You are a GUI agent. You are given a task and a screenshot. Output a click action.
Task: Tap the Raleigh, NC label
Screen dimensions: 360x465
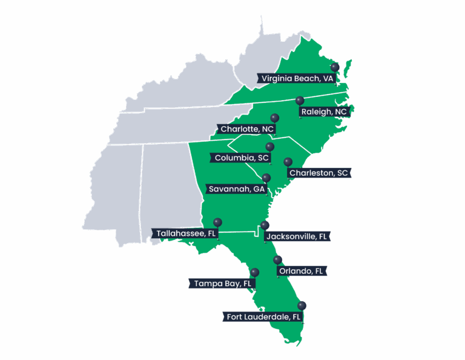[324, 112]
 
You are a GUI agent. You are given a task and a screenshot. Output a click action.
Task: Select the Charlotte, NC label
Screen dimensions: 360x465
[246, 129]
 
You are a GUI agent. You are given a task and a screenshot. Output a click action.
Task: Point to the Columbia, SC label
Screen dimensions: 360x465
[242, 158]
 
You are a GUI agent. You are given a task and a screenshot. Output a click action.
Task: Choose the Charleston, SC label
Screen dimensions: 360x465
[318, 173]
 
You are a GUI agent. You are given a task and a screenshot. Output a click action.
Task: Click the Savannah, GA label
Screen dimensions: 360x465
[237, 188]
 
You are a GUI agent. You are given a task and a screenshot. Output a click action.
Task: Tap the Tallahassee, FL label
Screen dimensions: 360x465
[185, 233]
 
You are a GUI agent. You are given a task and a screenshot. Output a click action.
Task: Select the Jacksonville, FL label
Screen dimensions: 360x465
[298, 236]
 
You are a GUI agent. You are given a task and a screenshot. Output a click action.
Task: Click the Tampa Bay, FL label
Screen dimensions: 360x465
[222, 283]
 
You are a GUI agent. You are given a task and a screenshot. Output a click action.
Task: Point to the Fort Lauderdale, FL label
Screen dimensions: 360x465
[263, 316]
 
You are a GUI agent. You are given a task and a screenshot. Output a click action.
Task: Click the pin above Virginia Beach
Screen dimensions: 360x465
[334, 67]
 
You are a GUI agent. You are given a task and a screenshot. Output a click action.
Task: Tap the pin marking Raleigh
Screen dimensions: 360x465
[299, 101]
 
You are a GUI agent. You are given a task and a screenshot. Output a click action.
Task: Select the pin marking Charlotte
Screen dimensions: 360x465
[274, 118]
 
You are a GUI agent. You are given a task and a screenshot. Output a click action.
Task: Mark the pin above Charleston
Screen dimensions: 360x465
[288, 162]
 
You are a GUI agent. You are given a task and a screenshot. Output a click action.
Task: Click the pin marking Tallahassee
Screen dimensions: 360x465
[217, 222]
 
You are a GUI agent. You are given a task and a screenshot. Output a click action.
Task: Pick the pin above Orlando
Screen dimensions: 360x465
[277, 259]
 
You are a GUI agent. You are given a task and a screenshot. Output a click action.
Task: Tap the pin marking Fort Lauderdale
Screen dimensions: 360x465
[302, 305]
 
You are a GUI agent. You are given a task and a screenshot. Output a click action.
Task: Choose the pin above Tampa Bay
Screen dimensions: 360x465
[254, 272]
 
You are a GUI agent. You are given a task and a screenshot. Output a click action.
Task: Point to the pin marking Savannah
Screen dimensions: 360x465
[266, 178]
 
